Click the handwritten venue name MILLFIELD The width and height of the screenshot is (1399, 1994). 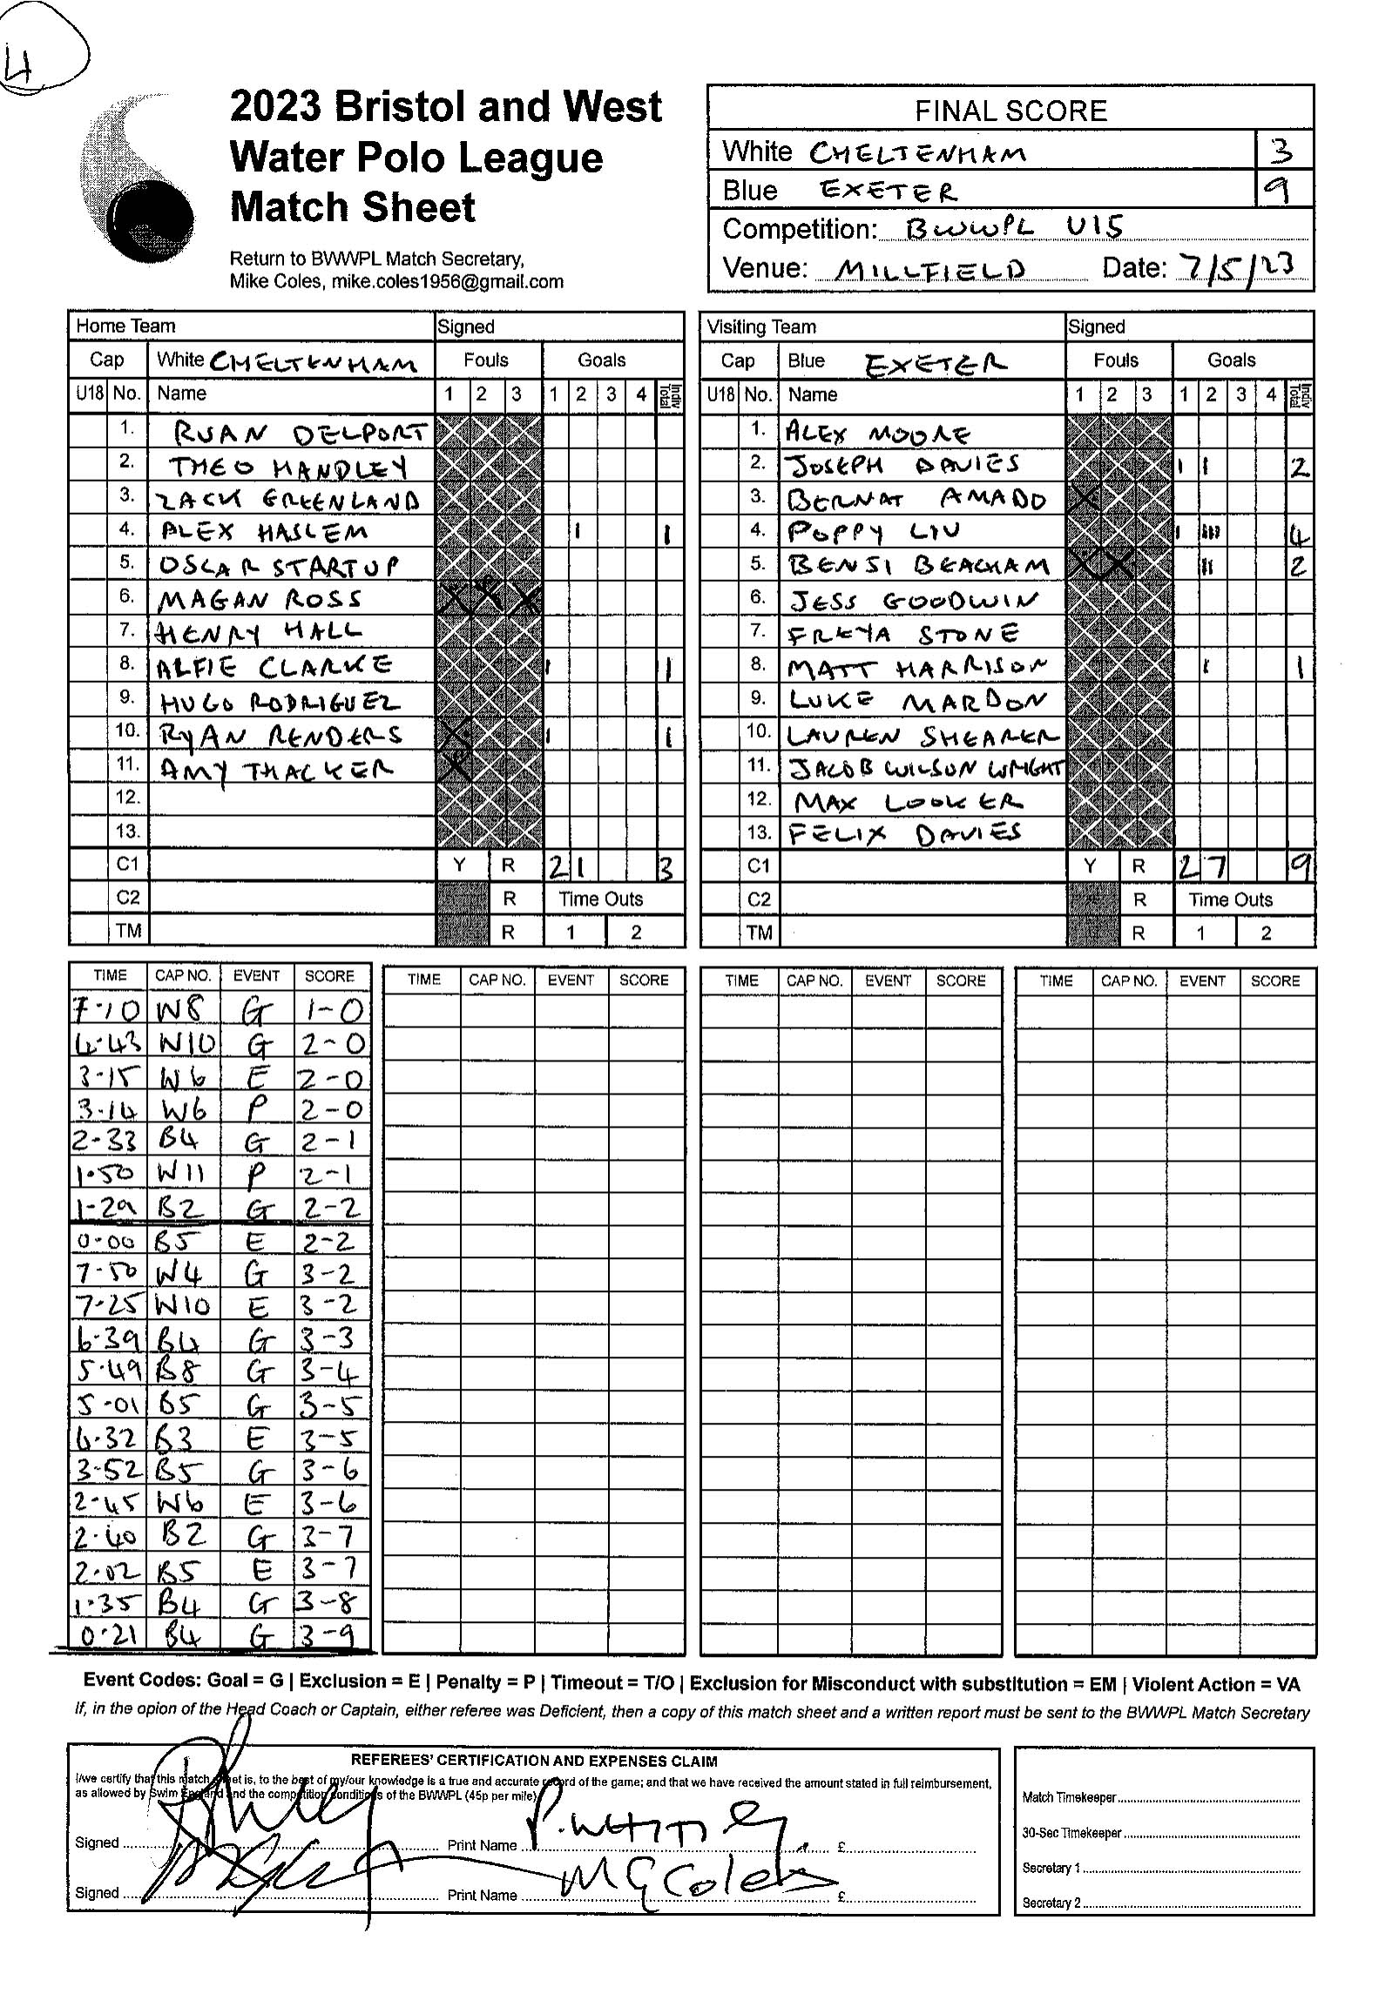pyautogui.click(x=929, y=270)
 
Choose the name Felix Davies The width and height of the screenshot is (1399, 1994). pyautogui.click(x=904, y=834)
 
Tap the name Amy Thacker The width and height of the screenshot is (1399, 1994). pyautogui.click(x=276, y=770)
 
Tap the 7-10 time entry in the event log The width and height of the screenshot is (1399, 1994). pyautogui.click(x=106, y=1011)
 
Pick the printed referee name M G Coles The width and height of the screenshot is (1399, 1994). pyautogui.click(x=688, y=1883)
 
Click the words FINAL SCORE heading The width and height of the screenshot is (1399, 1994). pyautogui.click(x=1010, y=111)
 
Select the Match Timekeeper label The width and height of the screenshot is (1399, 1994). pyautogui.click(x=1069, y=1797)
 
